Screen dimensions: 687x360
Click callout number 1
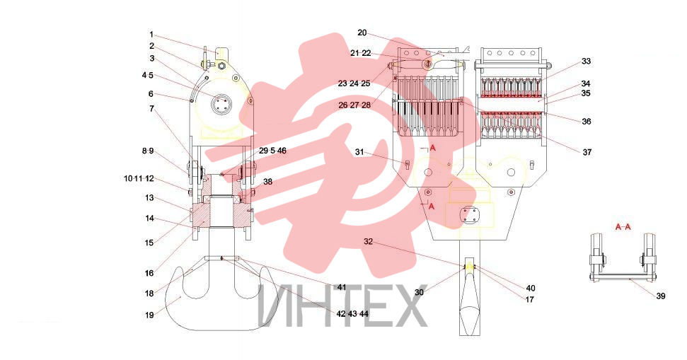point(151,35)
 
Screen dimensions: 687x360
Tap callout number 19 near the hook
point(149,315)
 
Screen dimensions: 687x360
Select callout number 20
point(362,33)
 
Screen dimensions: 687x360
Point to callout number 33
point(587,62)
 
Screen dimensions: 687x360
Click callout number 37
point(587,152)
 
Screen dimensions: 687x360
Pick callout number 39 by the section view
point(661,296)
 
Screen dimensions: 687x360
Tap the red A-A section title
point(623,226)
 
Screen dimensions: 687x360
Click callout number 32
point(368,241)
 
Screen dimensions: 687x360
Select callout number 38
point(267,181)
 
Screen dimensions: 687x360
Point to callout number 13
point(149,198)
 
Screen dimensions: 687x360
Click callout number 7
point(151,108)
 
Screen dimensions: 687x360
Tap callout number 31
point(359,152)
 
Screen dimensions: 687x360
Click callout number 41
point(342,287)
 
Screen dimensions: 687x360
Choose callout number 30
point(420,292)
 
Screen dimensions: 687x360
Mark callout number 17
point(530,300)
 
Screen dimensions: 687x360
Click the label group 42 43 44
point(352,314)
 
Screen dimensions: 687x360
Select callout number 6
point(151,94)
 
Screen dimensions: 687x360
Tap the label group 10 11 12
point(139,179)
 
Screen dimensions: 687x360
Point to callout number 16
point(149,273)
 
